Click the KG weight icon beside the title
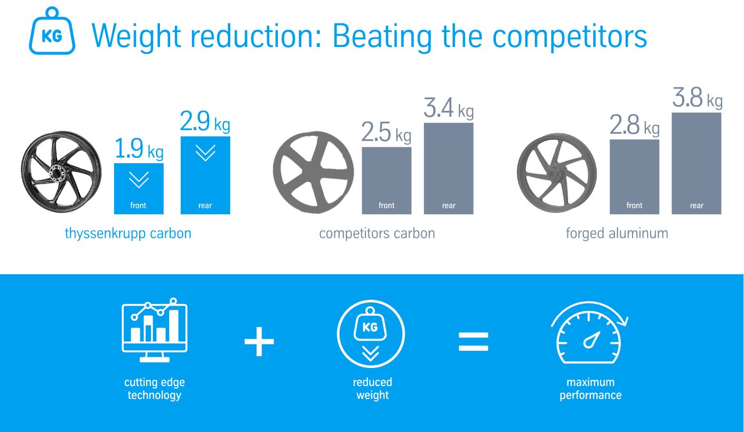click(52, 31)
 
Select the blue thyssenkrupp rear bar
click(205, 175)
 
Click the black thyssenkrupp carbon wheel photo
click(61, 172)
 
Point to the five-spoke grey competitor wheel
click(313, 172)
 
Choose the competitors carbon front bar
click(387, 181)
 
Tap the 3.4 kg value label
click(449, 108)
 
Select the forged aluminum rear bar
click(697, 163)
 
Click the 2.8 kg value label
click(634, 125)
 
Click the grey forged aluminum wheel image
click(557, 173)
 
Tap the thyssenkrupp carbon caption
click(128, 234)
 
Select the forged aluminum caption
click(617, 234)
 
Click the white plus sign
click(259, 342)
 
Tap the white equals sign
click(473, 342)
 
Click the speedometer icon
click(589, 332)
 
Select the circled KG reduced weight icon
click(371, 334)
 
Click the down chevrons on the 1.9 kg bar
click(139, 180)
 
